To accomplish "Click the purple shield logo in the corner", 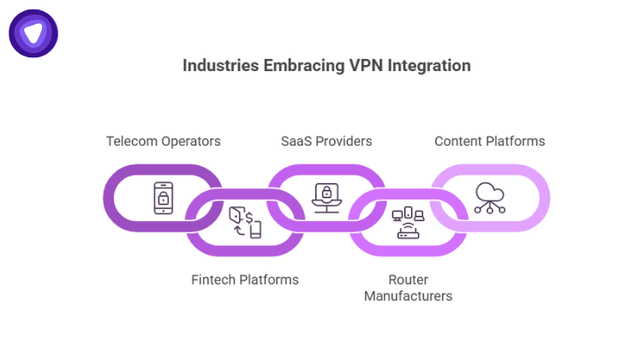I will click(x=33, y=33).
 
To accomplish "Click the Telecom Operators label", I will click(x=163, y=141).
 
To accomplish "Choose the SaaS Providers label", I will click(x=326, y=141).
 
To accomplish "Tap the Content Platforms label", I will click(x=489, y=141).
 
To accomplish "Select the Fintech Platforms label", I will click(x=244, y=279).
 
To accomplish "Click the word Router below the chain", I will click(x=408, y=279).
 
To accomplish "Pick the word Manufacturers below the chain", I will click(x=408, y=296).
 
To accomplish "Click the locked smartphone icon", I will click(x=163, y=198).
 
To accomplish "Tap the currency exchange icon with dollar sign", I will click(x=244, y=222).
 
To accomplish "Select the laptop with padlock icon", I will click(x=326, y=198).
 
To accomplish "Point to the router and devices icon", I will click(x=408, y=222).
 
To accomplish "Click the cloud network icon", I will click(x=489, y=198).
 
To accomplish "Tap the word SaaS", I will click(x=296, y=141).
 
